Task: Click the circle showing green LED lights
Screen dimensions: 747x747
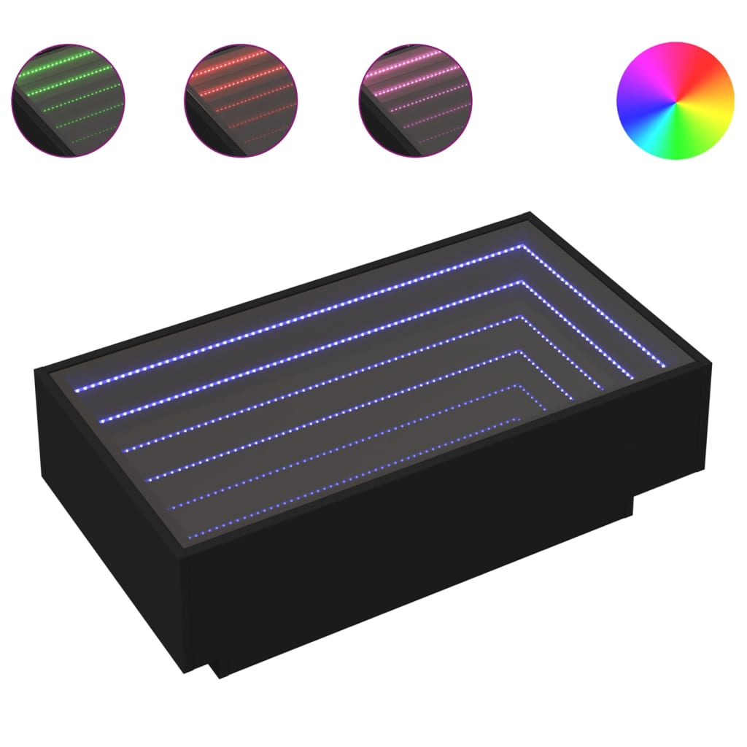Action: click(x=68, y=99)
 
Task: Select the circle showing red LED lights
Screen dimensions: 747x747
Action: click(x=241, y=99)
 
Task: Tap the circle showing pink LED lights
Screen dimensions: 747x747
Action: click(x=415, y=99)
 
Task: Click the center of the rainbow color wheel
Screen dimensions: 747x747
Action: click(x=675, y=99)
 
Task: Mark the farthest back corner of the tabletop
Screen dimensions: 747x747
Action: click(x=528, y=214)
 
